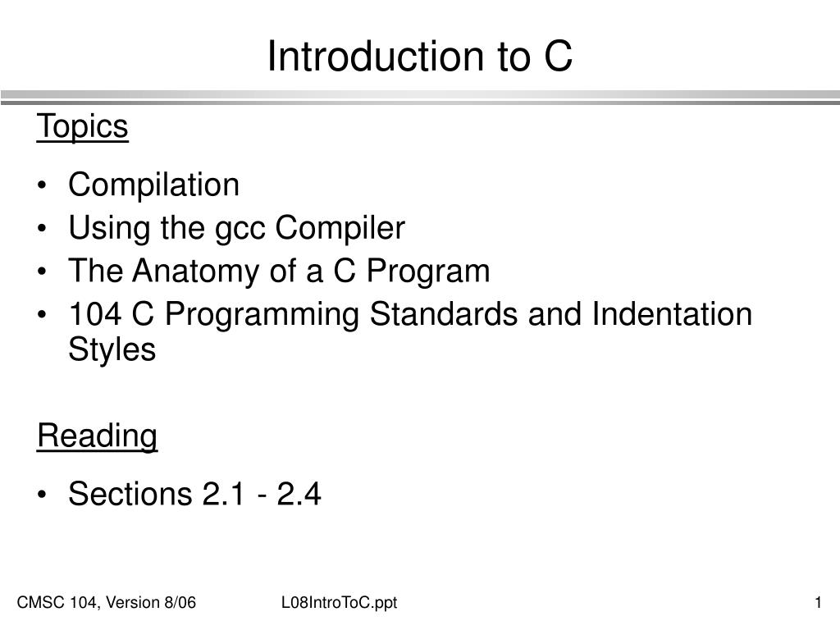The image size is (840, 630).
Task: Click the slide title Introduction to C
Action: [x=419, y=56]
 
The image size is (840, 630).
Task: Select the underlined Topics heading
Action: [x=83, y=127]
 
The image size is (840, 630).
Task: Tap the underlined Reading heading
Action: [x=97, y=436]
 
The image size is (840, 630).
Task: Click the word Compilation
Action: [x=154, y=185]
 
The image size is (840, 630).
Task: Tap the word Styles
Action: [x=112, y=350]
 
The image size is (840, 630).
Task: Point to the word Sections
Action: [x=129, y=495]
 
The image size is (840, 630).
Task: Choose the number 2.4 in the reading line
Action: [x=299, y=495]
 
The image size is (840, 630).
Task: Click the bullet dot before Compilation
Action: [x=42, y=187]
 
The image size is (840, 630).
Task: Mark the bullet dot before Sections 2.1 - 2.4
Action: [x=42, y=496]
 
